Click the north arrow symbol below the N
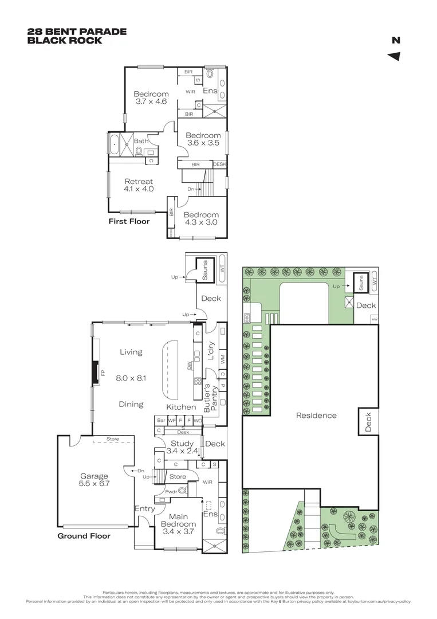coord(394,56)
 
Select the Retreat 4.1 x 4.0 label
coord(138,185)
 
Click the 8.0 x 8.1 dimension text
coord(131,378)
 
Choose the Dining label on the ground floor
coord(131,404)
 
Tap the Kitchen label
coord(181,407)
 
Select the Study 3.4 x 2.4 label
coord(182,447)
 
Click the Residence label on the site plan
coord(316,416)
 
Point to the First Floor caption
coord(129,221)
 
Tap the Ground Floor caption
coord(84,536)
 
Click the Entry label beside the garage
coord(144,508)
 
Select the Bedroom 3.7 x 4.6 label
coord(151,98)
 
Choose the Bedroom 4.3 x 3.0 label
coord(201,218)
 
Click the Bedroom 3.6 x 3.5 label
coord(203,139)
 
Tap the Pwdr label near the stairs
coord(171,491)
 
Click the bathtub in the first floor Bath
coord(113,145)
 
